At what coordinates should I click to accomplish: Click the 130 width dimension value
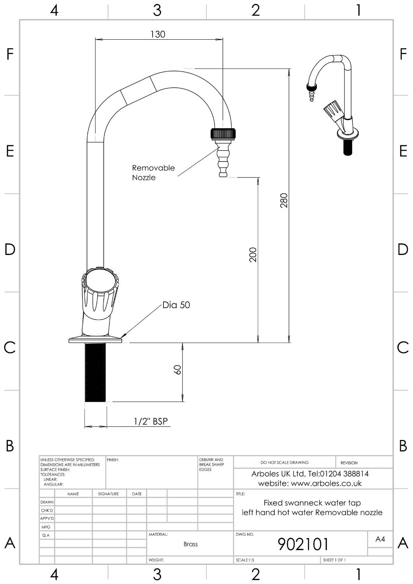click(x=158, y=34)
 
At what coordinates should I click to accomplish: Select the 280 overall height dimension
click(x=284, y=200)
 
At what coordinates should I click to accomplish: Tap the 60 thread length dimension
click(x=178, y=369)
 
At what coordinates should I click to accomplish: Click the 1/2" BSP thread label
click(x=151, y=421)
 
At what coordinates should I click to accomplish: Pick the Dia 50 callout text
click(x=176, y=305)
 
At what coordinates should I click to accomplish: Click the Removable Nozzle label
click(x=153, y=172)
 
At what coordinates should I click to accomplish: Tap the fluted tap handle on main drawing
click(x=100, y=290)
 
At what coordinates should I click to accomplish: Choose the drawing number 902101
click(x=303, y=544)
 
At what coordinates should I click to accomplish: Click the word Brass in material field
click(x=190, y=544)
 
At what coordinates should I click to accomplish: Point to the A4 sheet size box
click(x=380, y=539)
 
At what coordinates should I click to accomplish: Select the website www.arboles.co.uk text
click(x=310, y=484)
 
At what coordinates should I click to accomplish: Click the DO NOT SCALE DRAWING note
click(x=284, y=463)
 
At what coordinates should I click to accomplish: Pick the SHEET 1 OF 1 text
click(x=334, y=560)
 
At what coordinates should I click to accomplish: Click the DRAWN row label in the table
click(x=47, y=502)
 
